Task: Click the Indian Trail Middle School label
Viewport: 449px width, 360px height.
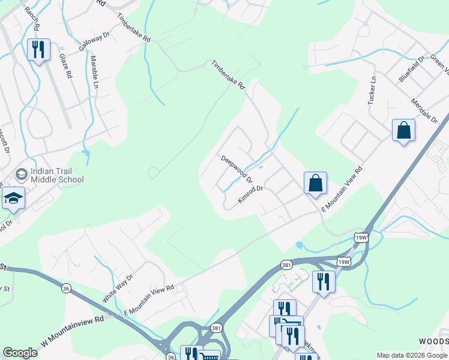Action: click(57, 175)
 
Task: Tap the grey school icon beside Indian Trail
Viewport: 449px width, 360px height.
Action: click(22, 175)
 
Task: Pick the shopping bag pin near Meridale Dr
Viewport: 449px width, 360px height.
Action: click(403, 130)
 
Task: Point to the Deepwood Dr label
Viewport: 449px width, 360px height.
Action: click(237, 169)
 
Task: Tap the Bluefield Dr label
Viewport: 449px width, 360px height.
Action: click(411, 68)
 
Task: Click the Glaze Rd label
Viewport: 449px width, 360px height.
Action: click(65, 67)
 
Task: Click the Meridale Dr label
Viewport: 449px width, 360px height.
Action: click(429, 110)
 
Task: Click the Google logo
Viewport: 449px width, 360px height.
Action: click(20, 353)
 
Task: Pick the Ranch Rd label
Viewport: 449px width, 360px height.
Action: click(31, 19)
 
